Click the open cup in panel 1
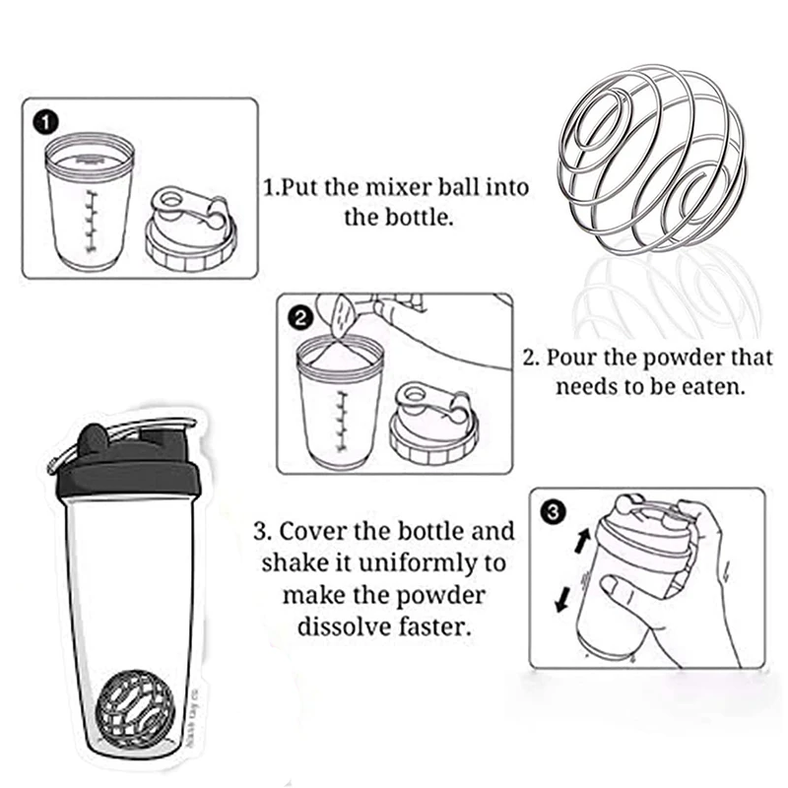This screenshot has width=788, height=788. [x=89, y=202]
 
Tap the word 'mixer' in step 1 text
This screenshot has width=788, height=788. [x=402, y=187]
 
